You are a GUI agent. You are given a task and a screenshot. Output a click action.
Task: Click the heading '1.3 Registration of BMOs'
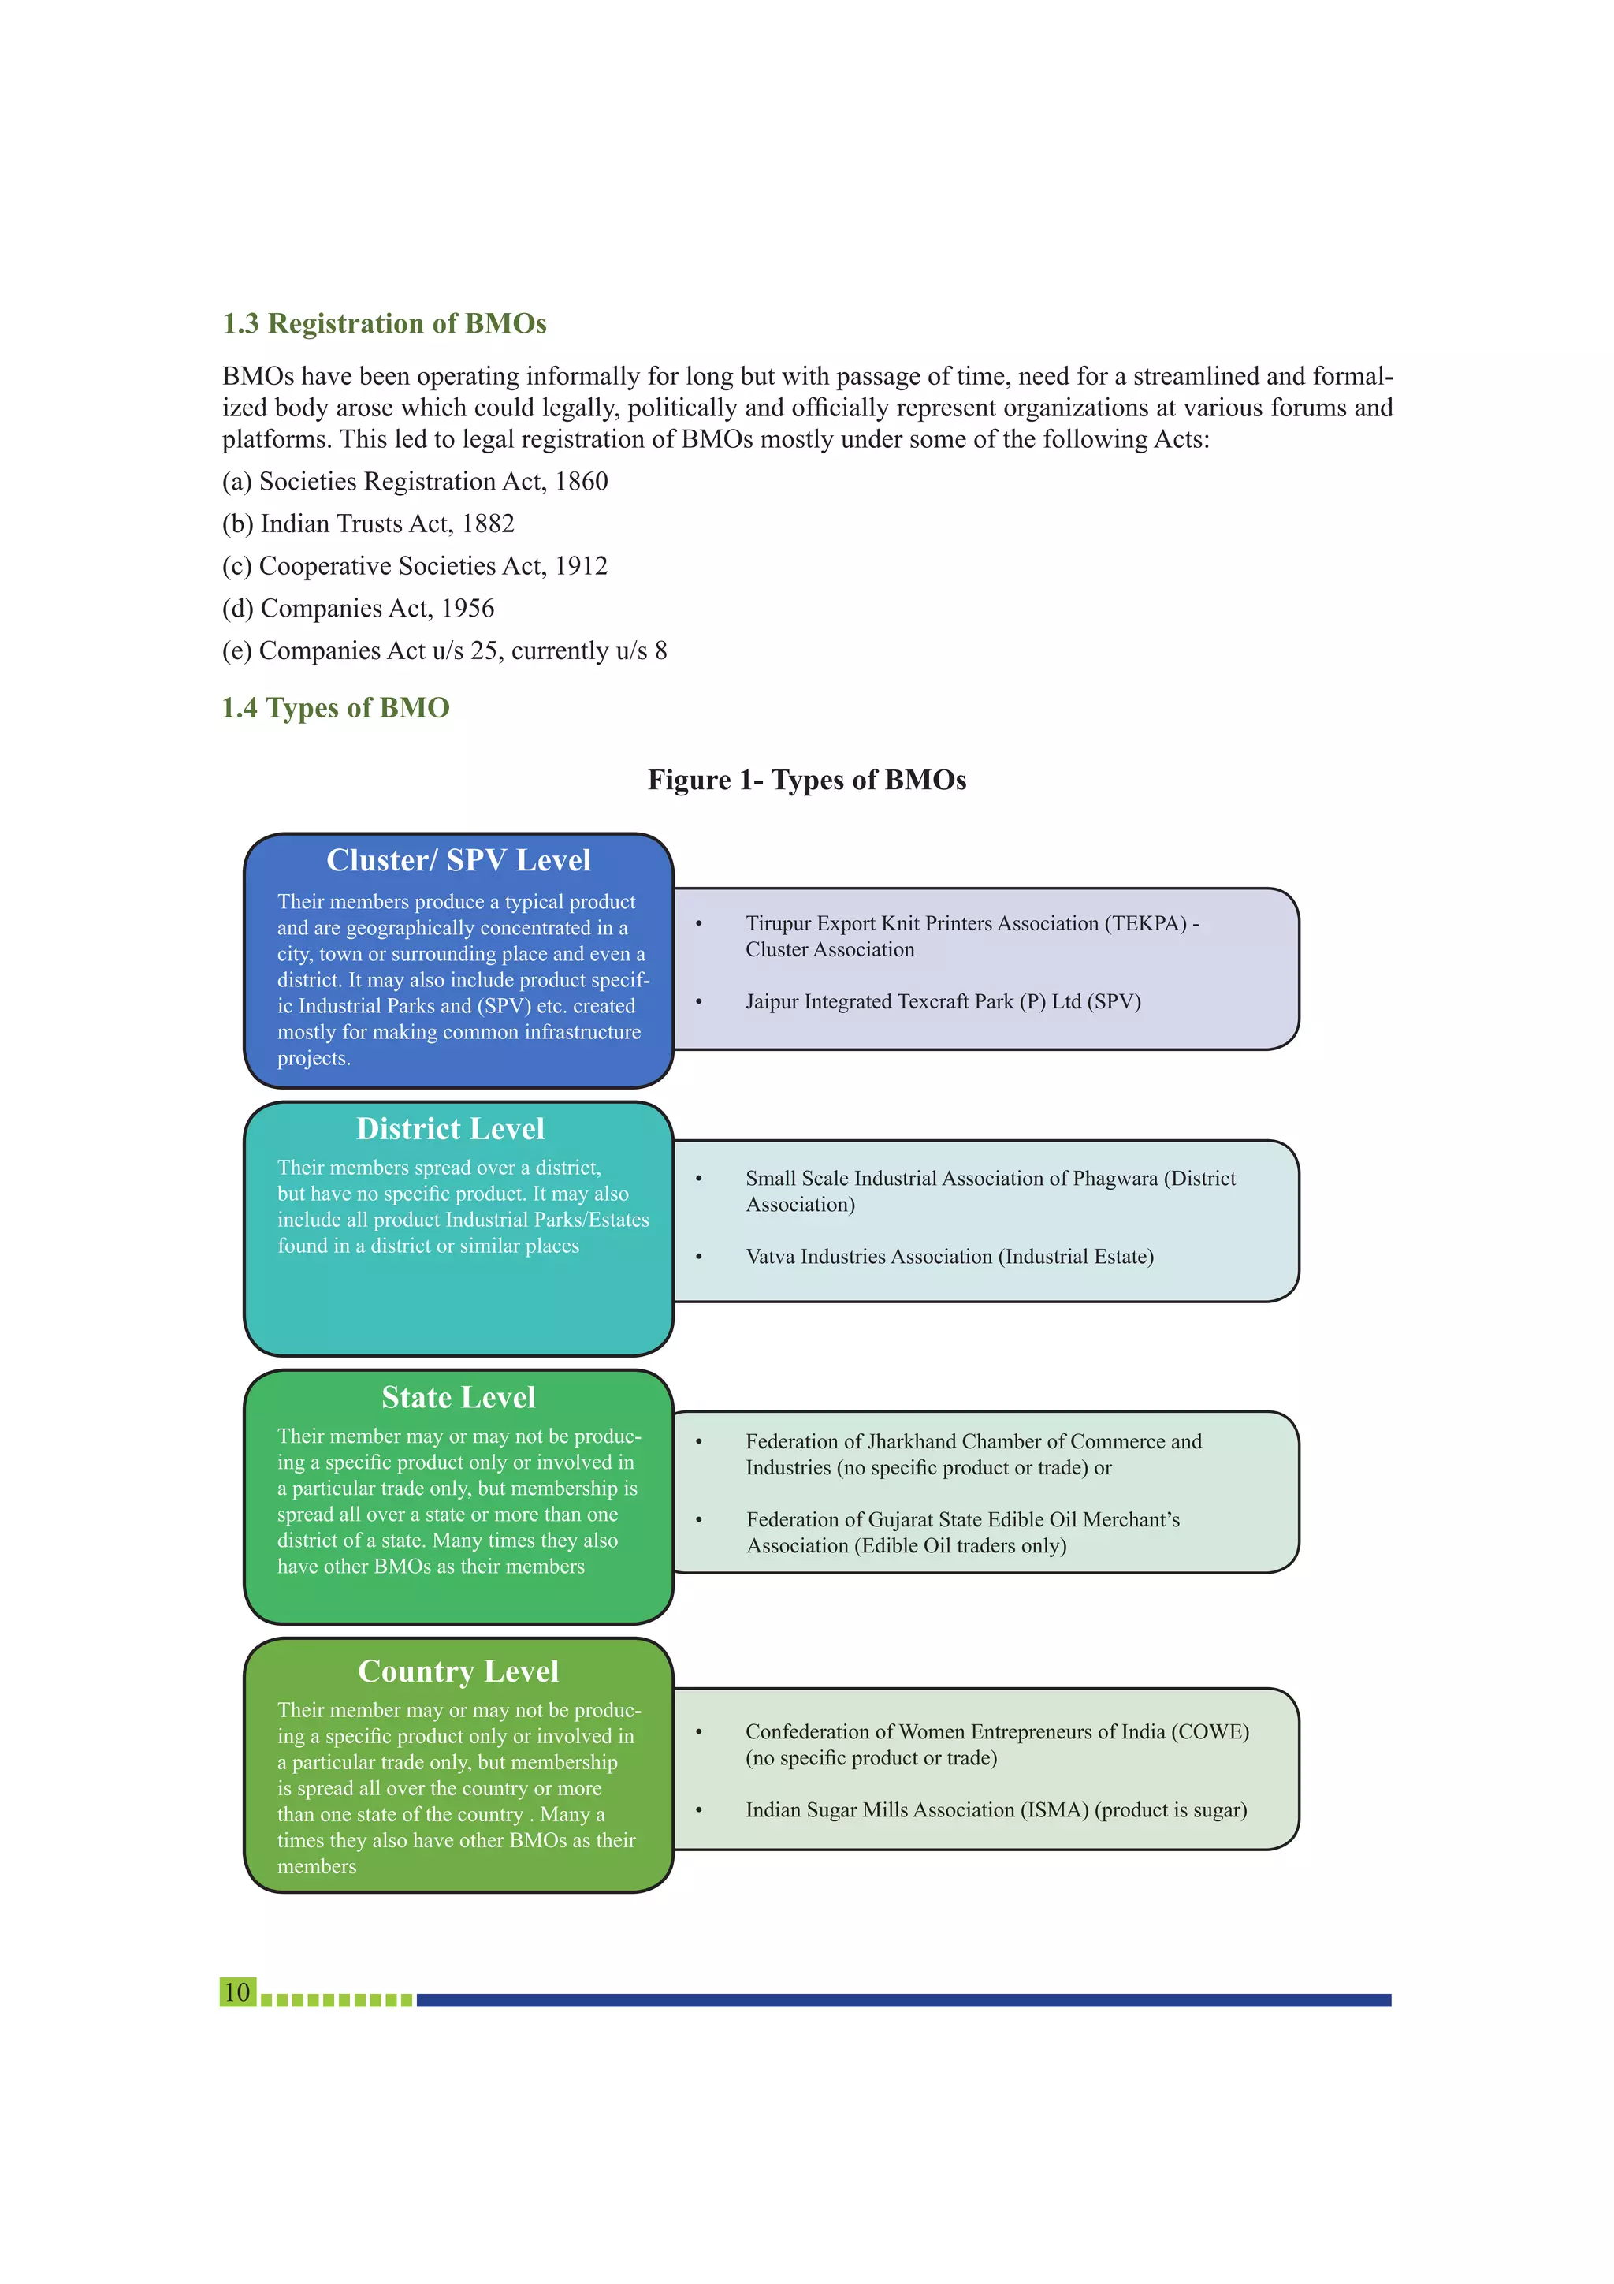click(x=384, y=323)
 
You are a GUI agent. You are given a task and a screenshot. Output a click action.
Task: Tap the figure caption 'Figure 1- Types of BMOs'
click(x=806, y=780)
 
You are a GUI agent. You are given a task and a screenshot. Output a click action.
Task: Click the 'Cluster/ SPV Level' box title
click(x=459, y=860)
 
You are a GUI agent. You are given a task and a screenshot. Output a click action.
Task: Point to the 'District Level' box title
click(x=451, y=1129)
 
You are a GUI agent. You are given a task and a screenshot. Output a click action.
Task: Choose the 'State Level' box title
click(x=459, y=1398)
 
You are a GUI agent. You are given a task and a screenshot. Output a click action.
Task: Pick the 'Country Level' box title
click(x=459, y=1671)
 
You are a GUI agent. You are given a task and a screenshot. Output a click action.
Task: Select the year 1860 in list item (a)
click(x=582, y=482)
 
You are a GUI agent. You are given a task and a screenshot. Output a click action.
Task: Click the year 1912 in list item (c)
click(x=582, y=566)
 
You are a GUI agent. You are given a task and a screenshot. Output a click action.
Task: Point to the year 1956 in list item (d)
click(x=467, y=608)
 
